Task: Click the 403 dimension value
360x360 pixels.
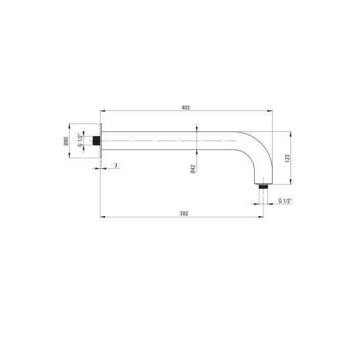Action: [185, 108]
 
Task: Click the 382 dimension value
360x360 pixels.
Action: [184, 214]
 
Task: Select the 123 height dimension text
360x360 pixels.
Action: [288, 158]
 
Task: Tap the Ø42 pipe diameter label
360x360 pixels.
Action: [193, 169]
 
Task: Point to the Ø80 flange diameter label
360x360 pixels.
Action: [66, 141]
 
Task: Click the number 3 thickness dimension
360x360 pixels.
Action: [116, 165]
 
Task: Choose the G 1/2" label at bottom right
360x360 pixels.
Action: [285, 200]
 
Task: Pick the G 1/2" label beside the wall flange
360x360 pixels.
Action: [80, 140]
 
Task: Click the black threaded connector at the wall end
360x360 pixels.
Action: [97, 141]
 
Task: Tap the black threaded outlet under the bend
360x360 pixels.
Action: [263, 186]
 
